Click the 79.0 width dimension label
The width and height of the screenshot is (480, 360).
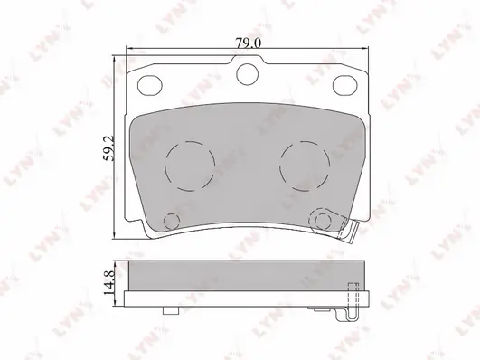[x=248, y=43]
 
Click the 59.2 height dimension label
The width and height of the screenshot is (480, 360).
[x=108, y=148]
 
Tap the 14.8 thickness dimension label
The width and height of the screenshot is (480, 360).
[x=109, y=282]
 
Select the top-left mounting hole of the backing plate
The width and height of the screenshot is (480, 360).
[x=150, y=85]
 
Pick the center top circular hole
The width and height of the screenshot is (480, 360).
[x=248, y=74]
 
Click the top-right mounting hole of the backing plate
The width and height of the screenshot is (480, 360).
[x=345, y=85]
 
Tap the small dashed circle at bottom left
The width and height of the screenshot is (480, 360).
[x=172, y=222]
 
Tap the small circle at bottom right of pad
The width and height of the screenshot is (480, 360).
[x=323, y=220]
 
